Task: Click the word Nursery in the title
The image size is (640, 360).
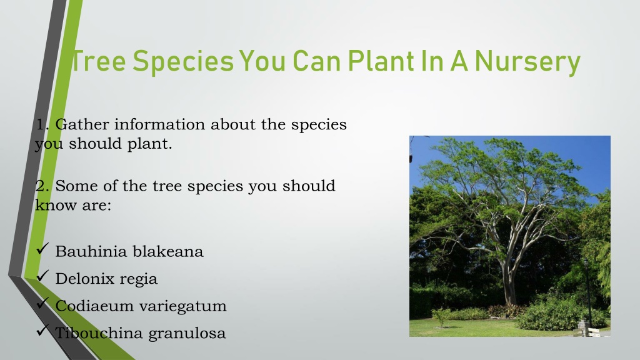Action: [527, 62]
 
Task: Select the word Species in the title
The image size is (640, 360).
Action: [183, 62]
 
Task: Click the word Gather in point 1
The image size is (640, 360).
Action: [82, 124]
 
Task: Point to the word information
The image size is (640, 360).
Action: [159, 124]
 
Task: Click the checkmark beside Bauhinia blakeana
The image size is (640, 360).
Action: [42, 249]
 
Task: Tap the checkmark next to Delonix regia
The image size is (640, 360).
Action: [42, 276]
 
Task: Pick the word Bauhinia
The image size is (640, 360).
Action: [91, 251]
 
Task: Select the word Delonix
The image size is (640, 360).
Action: [84, 279]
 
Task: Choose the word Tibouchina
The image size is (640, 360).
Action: [99, 333]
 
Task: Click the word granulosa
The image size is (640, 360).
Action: [187, 334]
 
